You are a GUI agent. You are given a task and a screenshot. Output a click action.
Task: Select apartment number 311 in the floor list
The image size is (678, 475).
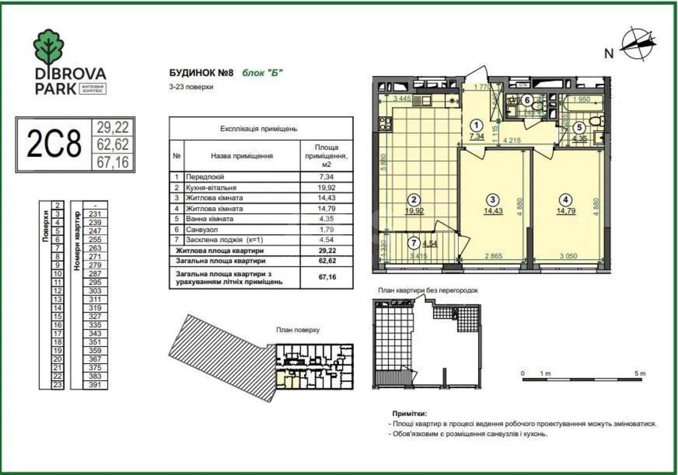click(x=94, y=299)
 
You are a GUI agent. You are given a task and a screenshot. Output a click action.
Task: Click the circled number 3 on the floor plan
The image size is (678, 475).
click(x=493, y=199)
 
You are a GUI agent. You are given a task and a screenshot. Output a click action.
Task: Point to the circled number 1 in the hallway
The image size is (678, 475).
click(x=477, y=126)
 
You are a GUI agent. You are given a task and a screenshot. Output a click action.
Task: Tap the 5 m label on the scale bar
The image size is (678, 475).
click(x=639, y=373)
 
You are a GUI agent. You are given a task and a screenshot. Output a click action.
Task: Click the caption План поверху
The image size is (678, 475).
click(x=298, y=330)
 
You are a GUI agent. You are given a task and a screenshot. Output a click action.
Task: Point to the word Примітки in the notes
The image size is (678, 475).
click(x=410, y=414)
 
